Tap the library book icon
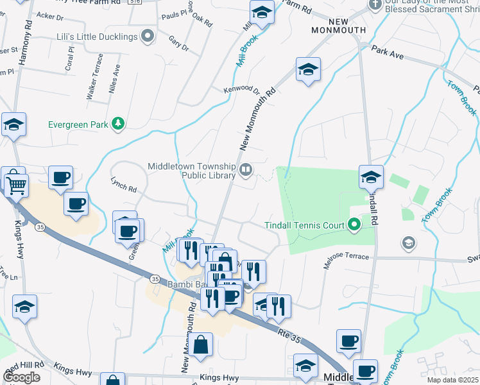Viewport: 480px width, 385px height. [246, 170]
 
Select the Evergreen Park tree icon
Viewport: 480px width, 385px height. [117, 123]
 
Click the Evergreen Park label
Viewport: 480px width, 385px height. [78, 124]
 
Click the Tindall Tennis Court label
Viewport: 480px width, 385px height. [305, 225]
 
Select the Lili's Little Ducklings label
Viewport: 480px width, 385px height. [98, 37]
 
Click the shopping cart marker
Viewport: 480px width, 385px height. [17, 185]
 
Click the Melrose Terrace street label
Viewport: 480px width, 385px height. [347, 257]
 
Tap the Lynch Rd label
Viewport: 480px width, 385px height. [124, 185]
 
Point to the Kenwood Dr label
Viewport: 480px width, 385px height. [241, 90]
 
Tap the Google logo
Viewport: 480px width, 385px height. [21, 377]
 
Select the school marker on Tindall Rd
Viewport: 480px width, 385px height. [371, 177]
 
